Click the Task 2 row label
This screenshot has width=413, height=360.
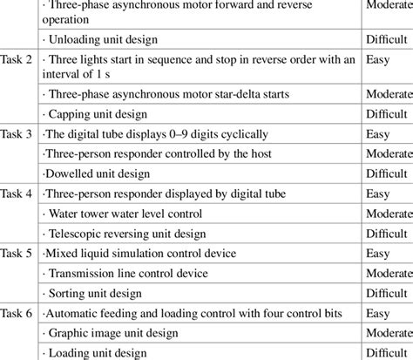coord(17,59)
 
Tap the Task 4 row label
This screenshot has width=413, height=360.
coord(17,194)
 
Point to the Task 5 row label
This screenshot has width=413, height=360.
coord(17,254)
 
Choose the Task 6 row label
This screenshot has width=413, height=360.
coord(17,313)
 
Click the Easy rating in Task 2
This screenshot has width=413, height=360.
coord(378,59)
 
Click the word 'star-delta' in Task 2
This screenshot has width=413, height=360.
coord(240,93)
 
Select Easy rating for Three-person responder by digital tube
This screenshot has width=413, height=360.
coord(378,194)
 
